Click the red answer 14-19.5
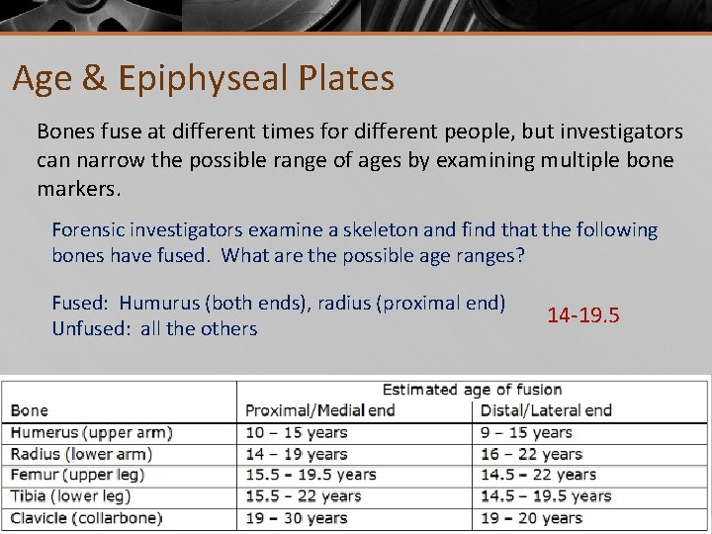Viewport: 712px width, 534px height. pos(583,315)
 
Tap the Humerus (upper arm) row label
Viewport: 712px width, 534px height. pos(92,433)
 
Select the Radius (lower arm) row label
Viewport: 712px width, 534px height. pos(81,455)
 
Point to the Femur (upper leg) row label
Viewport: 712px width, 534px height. pos(78,476)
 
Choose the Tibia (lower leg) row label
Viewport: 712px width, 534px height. pos(75,496)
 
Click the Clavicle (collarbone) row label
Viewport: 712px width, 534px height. pos(86,518)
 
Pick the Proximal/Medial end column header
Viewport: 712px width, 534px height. pos(320,410)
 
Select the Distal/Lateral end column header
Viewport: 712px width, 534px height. pos(546,410)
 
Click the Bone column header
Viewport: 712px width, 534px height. pos(30,410)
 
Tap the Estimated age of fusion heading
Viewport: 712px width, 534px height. pos(472,390)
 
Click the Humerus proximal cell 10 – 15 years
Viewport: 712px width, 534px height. pos(297,433)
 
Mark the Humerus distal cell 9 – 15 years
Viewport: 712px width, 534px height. pos(526,433)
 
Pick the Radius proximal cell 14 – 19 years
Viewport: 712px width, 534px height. pos(297,455)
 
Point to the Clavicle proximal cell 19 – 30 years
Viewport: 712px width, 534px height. pos(297,518)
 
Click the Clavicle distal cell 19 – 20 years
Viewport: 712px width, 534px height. pos(531,518)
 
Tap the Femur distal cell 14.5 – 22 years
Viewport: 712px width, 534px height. pos(538,476)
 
